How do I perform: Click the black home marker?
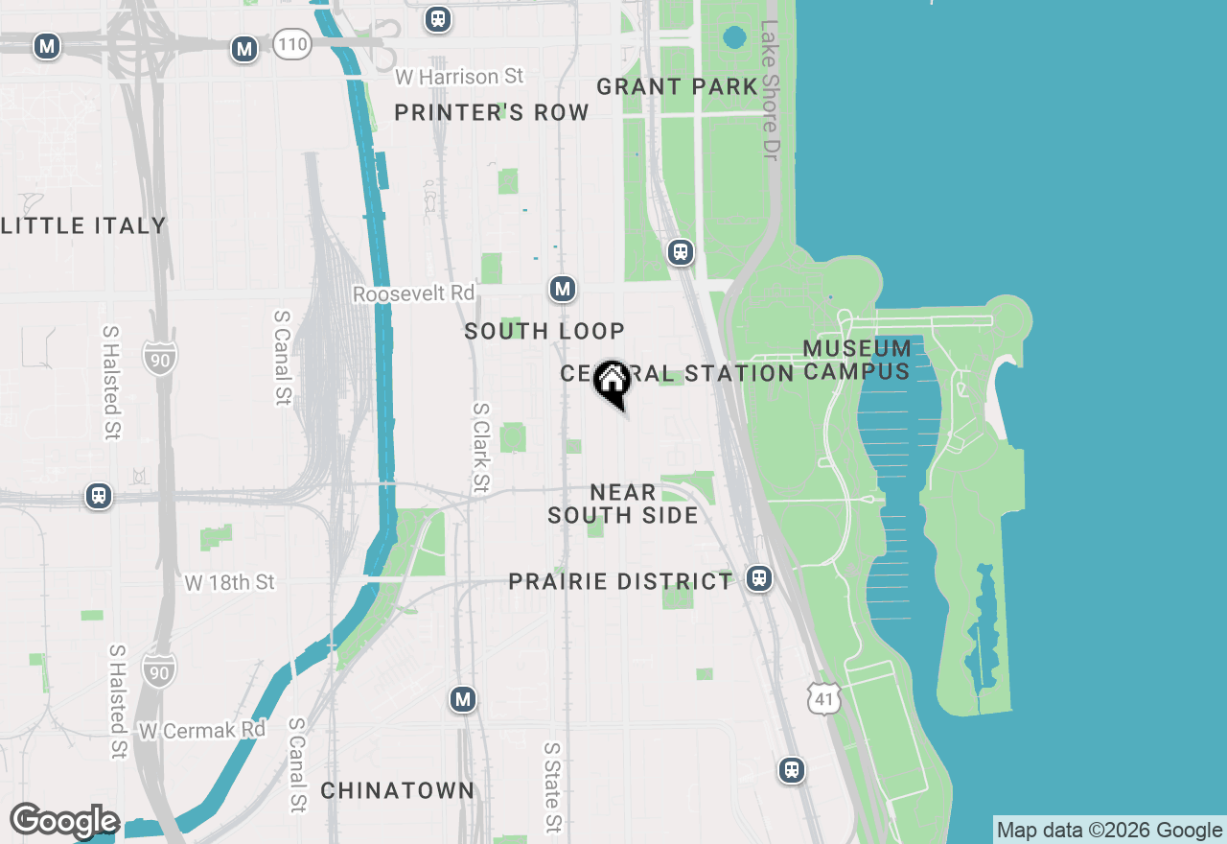click(612, 382)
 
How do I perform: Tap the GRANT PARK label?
click(677, 86)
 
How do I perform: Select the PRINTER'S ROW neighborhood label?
click(492, 112)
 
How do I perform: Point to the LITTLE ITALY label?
click(83, 225)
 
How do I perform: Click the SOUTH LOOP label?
click(544, 331)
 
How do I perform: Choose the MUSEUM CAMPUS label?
click(857, 360)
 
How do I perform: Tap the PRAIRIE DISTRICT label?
click(620, 581)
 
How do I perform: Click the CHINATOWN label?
click(397, 790)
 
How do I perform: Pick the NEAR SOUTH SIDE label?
click(623, 504)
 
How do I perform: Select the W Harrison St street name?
click(460, 76)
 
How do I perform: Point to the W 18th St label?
click(230, 582)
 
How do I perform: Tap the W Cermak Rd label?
click(201, 730)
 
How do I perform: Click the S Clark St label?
click(480, 448)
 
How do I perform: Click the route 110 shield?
click(291, 43)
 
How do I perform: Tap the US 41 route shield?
click(825, 698)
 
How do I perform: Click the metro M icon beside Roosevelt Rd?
click(563, 289)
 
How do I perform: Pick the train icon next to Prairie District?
click(759, 579)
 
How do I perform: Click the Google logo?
click(64, 822)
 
